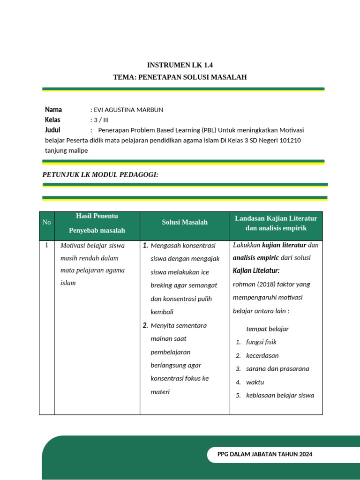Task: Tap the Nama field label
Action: pos(53,110)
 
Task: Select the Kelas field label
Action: pos(52,120)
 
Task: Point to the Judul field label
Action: pos(52,130)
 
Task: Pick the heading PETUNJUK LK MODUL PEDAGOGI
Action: pos(100,174)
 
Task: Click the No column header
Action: pos(46,222)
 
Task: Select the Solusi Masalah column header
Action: pos(185,222)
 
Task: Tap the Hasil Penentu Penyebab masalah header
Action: pos(97,223)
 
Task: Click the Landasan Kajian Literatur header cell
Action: pos(276,223)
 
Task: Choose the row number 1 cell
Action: pos(46,245)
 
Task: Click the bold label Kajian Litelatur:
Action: pos(256,271)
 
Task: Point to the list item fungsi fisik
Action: pos(261,342)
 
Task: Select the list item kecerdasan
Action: pos(262,355)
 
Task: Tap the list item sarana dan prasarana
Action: pos(277,368)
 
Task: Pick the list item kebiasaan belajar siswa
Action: pos(280,395)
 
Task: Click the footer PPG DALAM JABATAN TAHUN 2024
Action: pos(265,454)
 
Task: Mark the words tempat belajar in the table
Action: pos(267,329)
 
